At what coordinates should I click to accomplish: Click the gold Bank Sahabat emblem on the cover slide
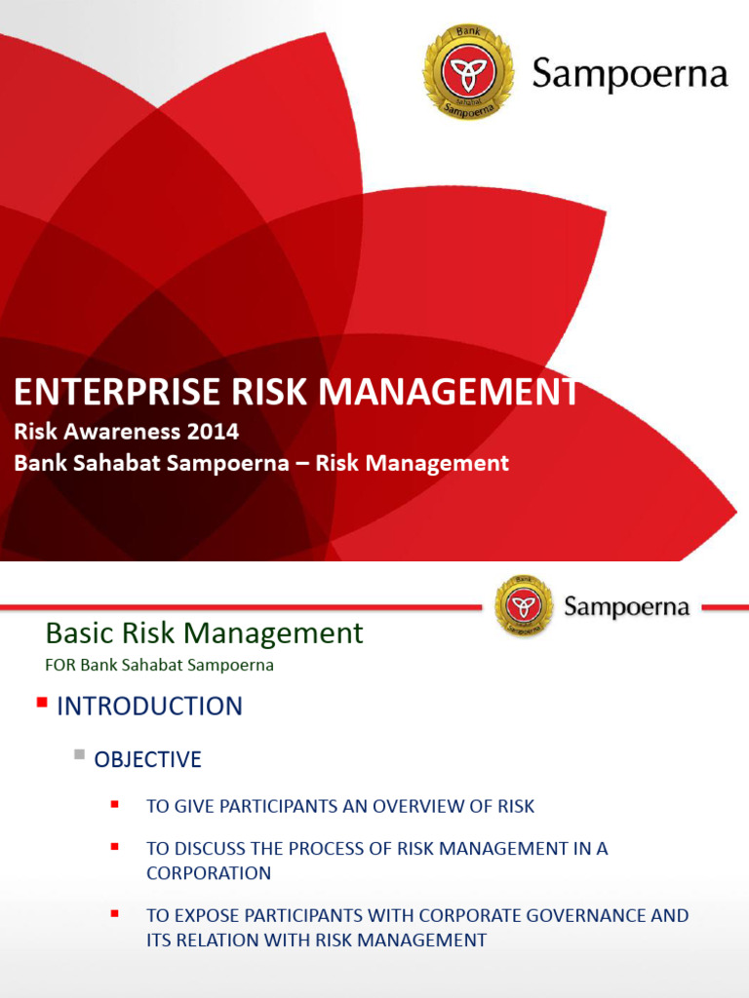pyautogui.click(x=468, y=73)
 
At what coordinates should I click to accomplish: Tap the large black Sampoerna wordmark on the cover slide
pyautogui.click(x=630, y=75)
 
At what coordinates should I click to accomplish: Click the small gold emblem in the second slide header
pyautogui.click(x=524, y=607)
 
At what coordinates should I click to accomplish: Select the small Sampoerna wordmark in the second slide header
pyautogui.click(x=627, y=608)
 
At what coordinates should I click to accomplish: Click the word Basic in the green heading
pyautogui.click(x=79, y=633)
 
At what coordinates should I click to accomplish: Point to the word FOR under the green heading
pyautogui.click(x=60, y=667)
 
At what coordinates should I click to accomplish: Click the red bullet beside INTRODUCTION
pyautogui.click(x=42, y=702)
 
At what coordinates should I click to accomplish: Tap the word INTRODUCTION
pyautogui.click(x=149, y=707)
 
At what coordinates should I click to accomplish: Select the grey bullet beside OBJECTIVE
pyautogui.click(x=80, y=753)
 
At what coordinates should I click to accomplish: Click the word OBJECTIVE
pyautogui.click(x=147, y=759)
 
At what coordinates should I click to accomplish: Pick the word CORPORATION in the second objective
pyautogui.click(x=209, y=873)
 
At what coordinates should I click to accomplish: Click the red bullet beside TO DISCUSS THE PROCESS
pyautogui.click(x=115, y=845)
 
